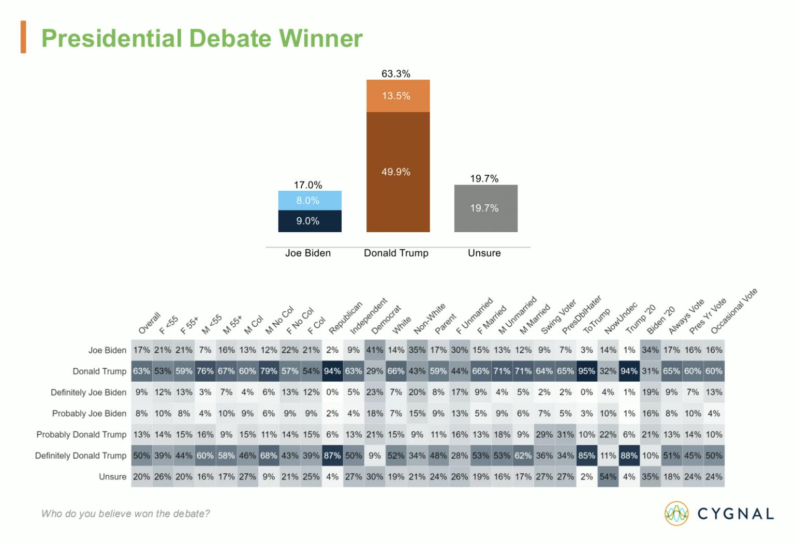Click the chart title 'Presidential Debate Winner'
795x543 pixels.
pyautogui.click(x=202, y=38)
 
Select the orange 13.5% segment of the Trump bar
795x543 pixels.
pyautogui.click(x=397, y=96)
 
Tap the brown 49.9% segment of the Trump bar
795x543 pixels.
pyautogui.click(x=397, y=172)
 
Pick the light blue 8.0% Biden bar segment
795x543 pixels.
pyautogui.click(x=310, y=201)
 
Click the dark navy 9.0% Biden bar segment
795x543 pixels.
pyautogui.click(x=310, y=221)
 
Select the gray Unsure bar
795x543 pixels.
pyautogui.click(x=485, y=208)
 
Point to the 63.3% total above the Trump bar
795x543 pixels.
pyautogui.click(x=396, y=73)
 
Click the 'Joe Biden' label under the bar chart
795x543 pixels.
pyautogui.click(x=308, y=253)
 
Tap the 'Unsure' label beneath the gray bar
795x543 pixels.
pyautogui.click(x=484, y=253)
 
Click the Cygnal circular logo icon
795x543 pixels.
pyautogui.click(x=676, y=513)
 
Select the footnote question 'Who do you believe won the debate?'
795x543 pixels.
pyautogui.click(x=126, y=514)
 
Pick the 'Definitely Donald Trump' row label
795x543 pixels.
pyautogui.click(x=81, y=456)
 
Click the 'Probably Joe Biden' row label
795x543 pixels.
pyautogui.click(x=89, y=414)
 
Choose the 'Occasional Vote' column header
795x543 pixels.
pyautogui.click(x=733, y=311)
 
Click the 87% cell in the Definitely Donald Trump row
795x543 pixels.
pyautogui.click(x=332, y=456)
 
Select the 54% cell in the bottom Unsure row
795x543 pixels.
pyautogui.click(x=608, y=477)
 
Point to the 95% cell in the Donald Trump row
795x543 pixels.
pyautogui.click(x=587, y=371)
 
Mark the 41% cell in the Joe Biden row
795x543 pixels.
pyautogui.click(x=375, y=350)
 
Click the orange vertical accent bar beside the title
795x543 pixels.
pyautogui.click(x=23, y=37)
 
